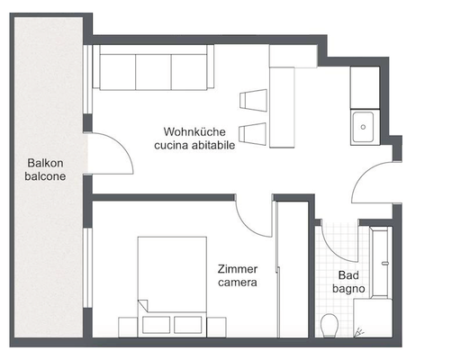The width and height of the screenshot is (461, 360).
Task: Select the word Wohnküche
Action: click(194, 130)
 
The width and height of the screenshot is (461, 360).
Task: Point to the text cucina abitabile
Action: click(194, 144)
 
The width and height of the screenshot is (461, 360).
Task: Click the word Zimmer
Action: click(238, 269)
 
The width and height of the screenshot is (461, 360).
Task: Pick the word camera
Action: click(238, 283)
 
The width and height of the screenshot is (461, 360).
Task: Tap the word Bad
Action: click(348, 275)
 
